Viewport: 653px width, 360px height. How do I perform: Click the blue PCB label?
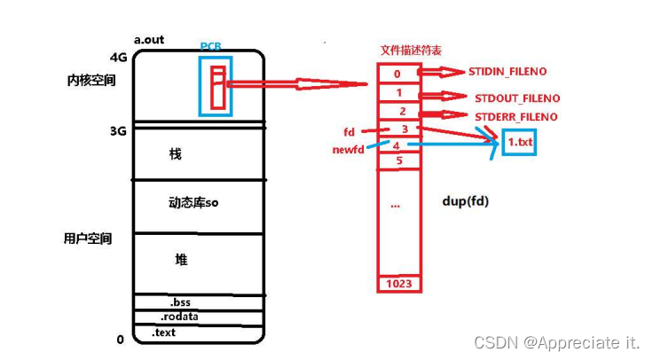tap(211, 46)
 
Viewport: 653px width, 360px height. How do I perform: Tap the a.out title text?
tap(149, 40)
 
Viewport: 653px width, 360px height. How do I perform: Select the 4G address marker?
tap(118, 58)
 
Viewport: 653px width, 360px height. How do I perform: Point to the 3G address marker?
tap(118, 131)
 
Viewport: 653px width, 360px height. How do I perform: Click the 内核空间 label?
tap(89, 80)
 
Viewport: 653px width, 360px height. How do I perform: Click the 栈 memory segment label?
tap(175, 154)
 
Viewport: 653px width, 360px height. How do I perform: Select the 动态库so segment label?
tap(193, 202)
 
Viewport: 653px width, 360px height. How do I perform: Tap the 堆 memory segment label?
tap(181, 259)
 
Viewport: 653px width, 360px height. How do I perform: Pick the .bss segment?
tap(181, 302)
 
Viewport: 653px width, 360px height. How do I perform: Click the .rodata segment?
tap(178, 317)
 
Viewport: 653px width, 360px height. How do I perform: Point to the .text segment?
tap(164, 333)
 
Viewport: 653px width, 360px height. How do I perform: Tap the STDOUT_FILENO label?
tap(516, 98)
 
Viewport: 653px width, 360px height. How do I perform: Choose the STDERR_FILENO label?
tap(515, 116)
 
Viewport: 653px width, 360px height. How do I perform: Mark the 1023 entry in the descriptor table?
tap(398, 284)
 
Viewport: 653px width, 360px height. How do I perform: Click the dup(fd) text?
tap(464, 201)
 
